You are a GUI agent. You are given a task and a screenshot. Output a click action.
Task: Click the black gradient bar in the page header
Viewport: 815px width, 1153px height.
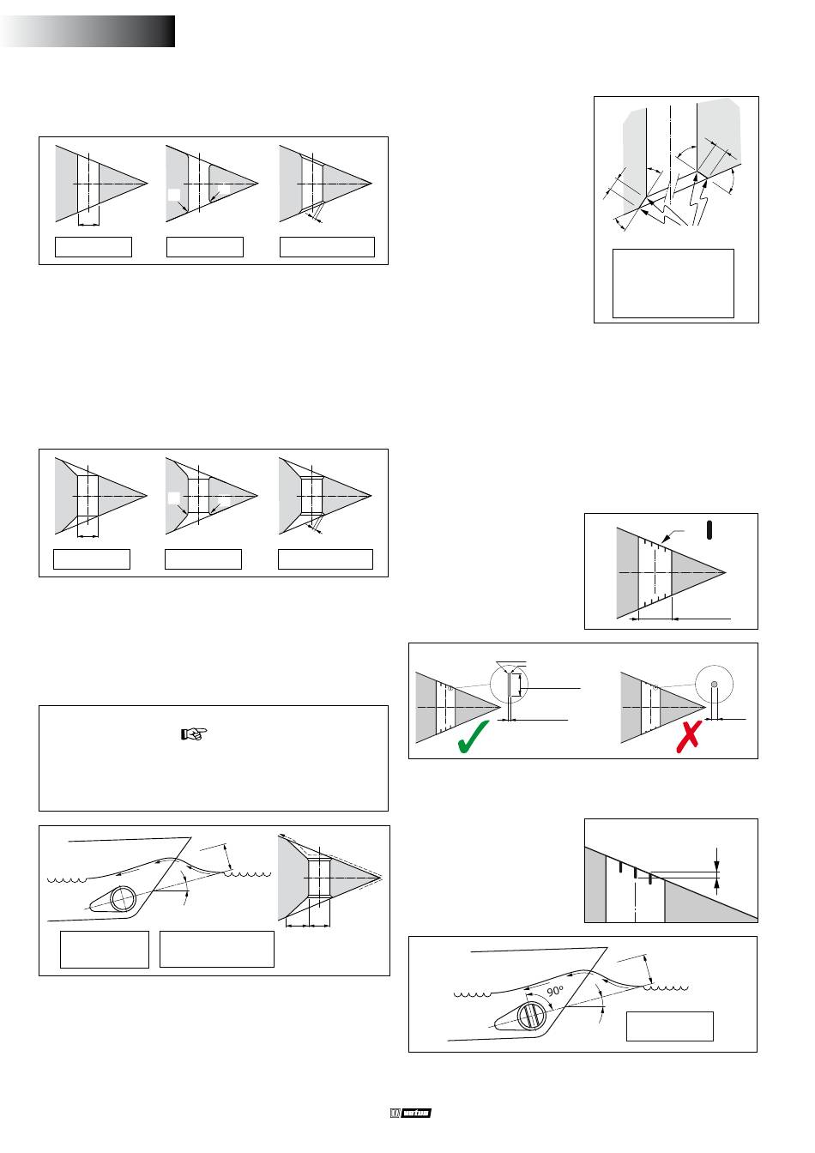89,31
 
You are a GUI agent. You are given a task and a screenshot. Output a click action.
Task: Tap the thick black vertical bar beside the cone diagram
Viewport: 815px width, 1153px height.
709,529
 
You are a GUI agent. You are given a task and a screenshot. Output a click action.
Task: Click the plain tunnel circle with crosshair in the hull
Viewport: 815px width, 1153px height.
122,898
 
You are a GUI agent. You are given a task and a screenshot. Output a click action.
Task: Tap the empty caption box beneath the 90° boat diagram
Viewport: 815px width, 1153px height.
669,1026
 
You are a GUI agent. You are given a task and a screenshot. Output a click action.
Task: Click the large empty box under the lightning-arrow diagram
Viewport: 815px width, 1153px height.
673,283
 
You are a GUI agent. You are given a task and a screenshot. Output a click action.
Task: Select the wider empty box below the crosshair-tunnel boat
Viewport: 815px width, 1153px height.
217,949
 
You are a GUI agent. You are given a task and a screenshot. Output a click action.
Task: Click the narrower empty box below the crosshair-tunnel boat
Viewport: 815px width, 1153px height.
104,949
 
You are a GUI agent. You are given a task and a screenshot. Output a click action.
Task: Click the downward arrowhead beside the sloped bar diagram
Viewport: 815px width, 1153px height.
718,866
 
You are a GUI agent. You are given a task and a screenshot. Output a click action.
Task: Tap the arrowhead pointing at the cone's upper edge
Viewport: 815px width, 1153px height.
667,538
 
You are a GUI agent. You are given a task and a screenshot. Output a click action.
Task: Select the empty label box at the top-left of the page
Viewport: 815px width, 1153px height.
94,246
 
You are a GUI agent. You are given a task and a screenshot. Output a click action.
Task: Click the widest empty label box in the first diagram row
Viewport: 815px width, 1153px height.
328,246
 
